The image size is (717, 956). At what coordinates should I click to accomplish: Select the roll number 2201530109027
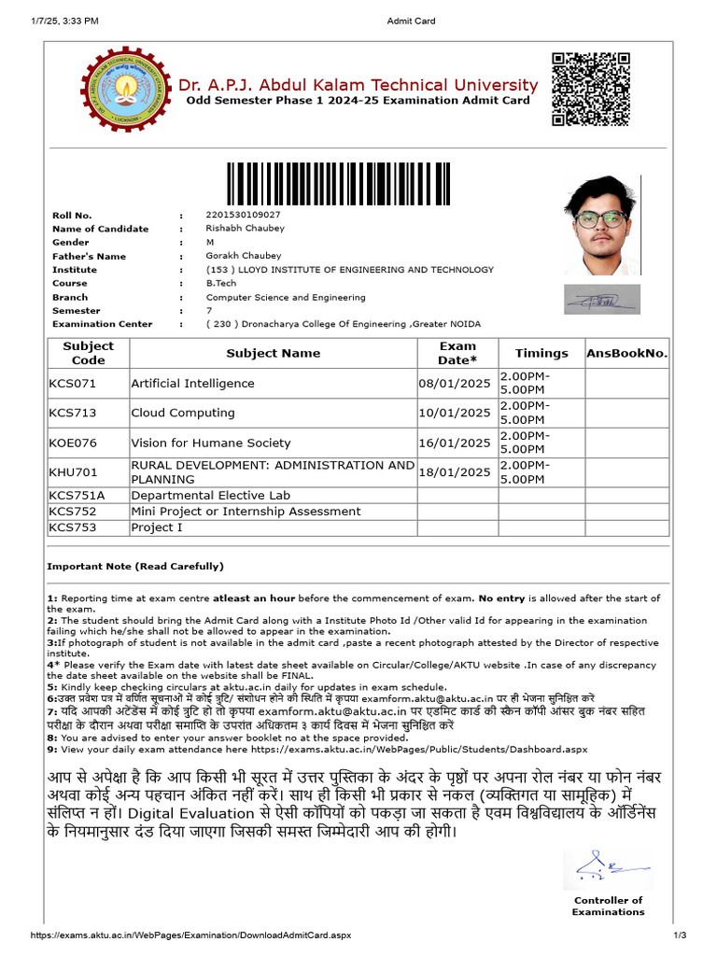pyautogui.click(x=243, y=215)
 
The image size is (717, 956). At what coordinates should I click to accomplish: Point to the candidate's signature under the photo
pyautogui.click(x=602, y=300)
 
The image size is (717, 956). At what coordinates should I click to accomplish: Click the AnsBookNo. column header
pyautogui.click(x=626, y=353)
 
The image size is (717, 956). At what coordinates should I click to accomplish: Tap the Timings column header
pyautogui.click(x=541, y=353)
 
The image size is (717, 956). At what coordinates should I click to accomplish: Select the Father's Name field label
pyautogui.click(x=89, y=256)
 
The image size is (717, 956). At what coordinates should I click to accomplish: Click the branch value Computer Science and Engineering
pyautogui.click(x=286, y=297)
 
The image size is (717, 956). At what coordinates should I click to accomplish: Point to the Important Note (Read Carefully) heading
pyautogui.click(x=135, y=567)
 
